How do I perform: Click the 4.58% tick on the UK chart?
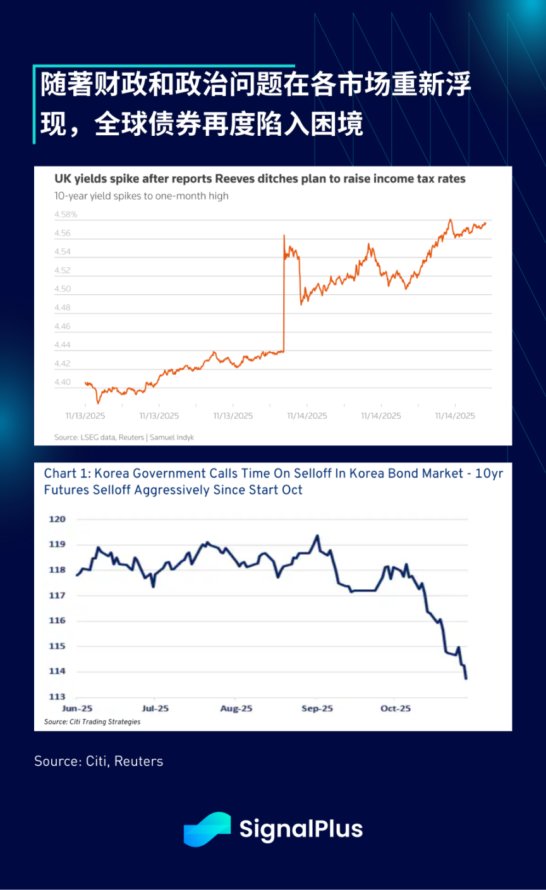(x=66, y=215)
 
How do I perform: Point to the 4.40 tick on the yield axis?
(x=63, y=383)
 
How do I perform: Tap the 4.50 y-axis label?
(x=63, y=289)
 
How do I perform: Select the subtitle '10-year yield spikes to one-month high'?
(x=142, y=196)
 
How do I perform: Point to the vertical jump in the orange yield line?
(x=284, y=294)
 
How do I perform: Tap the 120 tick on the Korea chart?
(x=58, y=519)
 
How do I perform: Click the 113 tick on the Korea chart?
(x=58, y=697)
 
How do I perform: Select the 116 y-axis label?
(x=58, y=621)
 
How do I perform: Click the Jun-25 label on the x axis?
(x=77, y=709)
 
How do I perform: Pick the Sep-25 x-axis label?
(x=317, y=709)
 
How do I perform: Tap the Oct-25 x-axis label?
(x=396, y=709)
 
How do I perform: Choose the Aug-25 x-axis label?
(x=236, y=709)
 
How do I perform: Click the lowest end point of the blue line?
(x=466, y=678)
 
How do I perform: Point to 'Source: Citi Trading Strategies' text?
(x=92, y=722)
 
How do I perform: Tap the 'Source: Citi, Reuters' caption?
(x=99, y=761)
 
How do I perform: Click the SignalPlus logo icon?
(x=207, y=829)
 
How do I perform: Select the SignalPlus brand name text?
(x=301, y=829)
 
